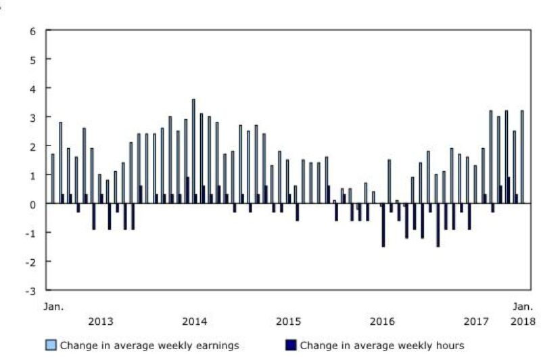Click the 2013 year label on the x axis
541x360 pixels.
coord(101,320)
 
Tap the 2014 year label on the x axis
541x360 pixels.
coord(195,320)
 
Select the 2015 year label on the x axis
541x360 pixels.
coord(288,320)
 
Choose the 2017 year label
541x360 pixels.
coord(477,320)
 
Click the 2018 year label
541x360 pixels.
coord(523,320)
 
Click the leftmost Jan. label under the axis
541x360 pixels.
coord(54,307)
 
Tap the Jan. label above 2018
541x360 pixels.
coord(523,307)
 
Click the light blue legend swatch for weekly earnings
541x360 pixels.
coord(51,345)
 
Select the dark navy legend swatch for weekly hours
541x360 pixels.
coord(291,345)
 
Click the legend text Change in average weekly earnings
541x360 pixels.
coord(149,345)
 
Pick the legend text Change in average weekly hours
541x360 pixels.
coord(382,345)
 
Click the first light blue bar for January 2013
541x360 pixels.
coord(53,179)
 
